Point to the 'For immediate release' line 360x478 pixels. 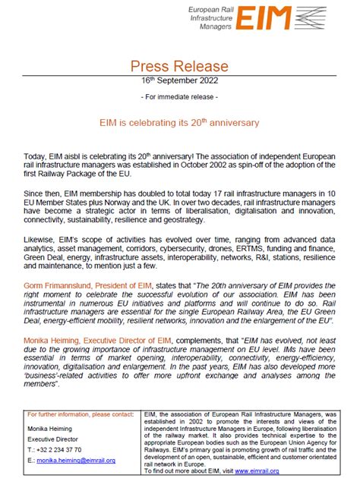click(180, 99)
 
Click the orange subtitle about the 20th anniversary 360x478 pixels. click(180, 121)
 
